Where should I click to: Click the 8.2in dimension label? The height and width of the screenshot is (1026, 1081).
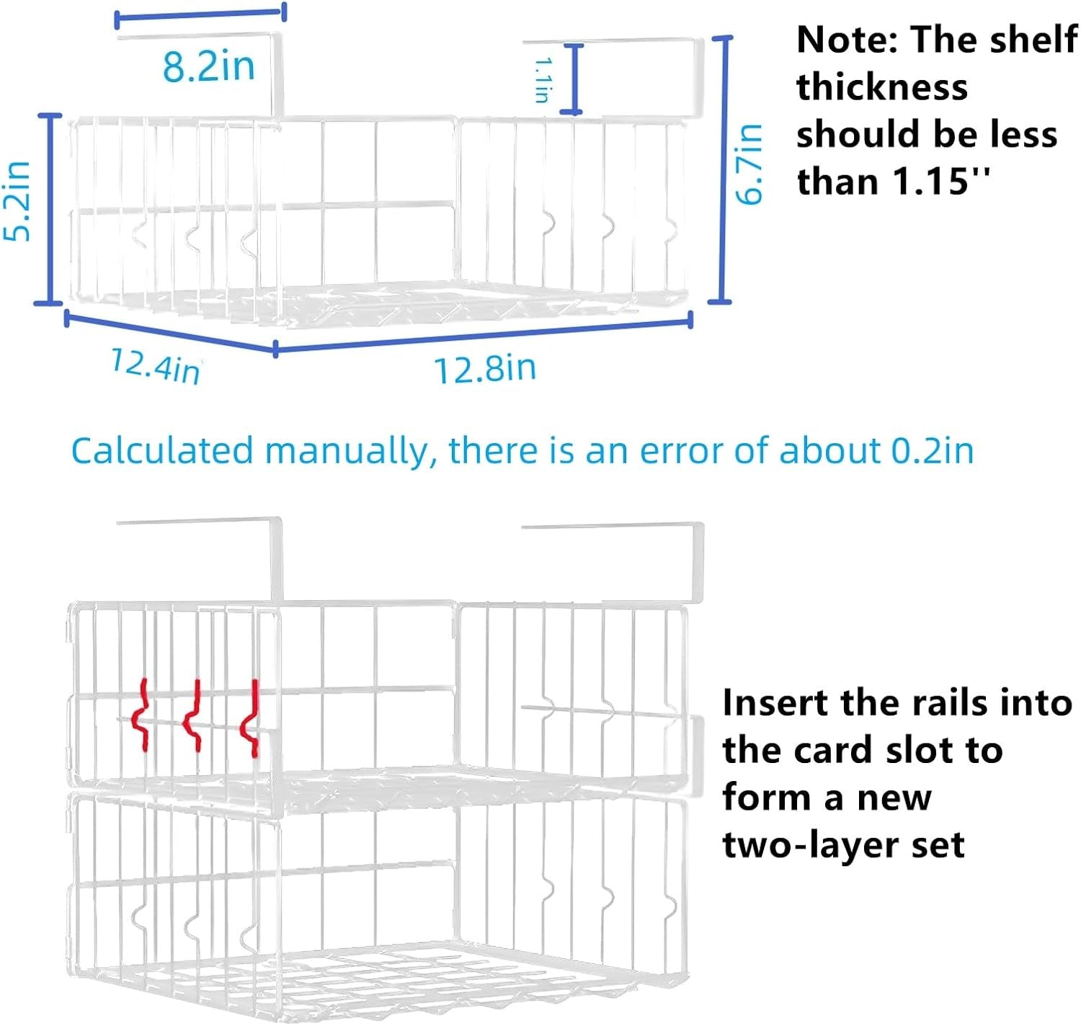pos(209,67)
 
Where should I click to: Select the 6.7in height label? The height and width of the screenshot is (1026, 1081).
pos(749,164)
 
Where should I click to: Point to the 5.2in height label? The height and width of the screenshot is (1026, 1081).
pos(17,201)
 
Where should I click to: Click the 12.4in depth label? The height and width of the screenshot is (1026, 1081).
pos(156,365)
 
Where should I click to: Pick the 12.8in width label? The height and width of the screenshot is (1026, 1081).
pos(485,369)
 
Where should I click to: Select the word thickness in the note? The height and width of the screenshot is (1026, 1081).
pos(882,87)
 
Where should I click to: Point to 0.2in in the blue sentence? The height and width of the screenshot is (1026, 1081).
pos(932,451)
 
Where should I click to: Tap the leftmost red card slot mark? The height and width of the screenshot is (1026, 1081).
pos(141,715)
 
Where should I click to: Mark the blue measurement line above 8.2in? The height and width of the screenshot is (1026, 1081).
pos(200,15)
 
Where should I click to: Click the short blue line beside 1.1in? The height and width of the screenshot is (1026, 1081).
pos(574,79)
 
